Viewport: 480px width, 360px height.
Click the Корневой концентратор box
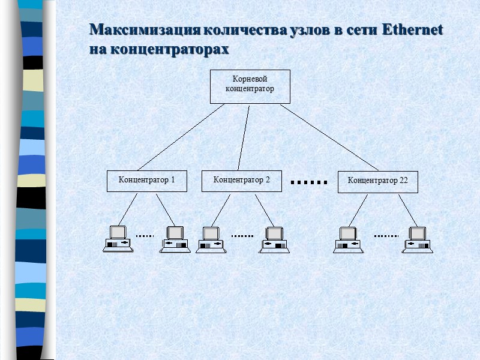point(250,86)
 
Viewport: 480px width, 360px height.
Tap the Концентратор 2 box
point(242,180)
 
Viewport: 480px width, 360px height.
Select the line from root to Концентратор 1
point(181,137)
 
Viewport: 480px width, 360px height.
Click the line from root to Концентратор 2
point(244,137)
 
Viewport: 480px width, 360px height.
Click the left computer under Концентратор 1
point(117,239)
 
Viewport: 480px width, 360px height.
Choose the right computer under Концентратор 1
point(175,239)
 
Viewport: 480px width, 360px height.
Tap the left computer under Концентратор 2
point(211,239)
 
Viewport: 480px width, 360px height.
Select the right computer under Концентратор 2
point(274,239)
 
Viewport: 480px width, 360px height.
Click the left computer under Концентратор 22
point(349,239)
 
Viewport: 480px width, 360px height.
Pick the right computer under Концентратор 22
point(418,239)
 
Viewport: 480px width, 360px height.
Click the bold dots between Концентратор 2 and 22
point(309,181)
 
